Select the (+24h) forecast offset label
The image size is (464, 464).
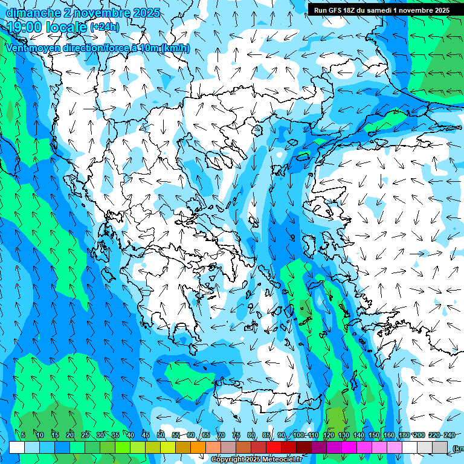[x=105, y=27]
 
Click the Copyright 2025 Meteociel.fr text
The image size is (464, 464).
[x=256, y=460]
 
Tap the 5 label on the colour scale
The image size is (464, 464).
[x=23, y=435]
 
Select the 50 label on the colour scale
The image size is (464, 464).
[x=161, y=435]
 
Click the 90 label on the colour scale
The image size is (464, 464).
[x=282, y=435]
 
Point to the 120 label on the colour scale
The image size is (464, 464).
[x=328, y=435]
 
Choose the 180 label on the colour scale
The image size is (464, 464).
[x=404, y=435]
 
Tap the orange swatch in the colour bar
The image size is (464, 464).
[x=199, y=447]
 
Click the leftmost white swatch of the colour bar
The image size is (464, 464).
[x=18, y=447]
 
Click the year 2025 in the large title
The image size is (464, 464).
[x=146, y=13]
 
